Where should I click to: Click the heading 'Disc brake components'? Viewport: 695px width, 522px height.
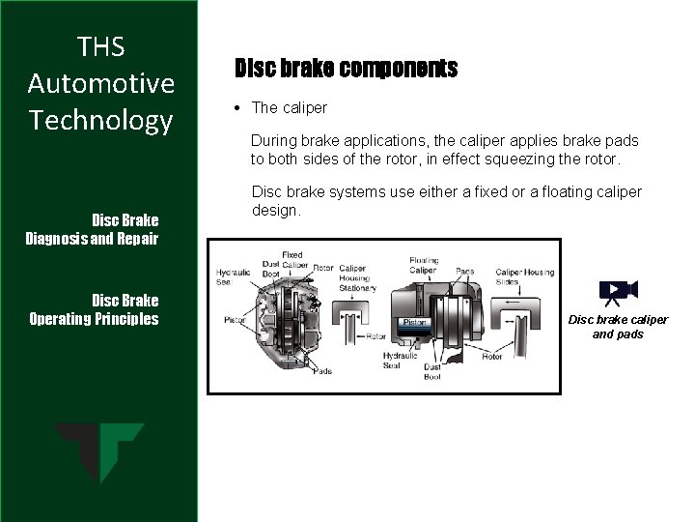(x=347, y=70)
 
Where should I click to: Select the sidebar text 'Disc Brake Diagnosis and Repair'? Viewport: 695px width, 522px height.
(x=93, y=228)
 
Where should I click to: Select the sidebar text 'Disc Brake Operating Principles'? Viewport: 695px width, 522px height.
(x=94, y=308)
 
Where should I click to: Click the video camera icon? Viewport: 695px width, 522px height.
(x=618, y=291)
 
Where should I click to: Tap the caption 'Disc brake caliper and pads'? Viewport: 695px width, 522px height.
(x=618, y=327)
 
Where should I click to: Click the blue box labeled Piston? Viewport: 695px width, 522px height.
(x=416, y=322)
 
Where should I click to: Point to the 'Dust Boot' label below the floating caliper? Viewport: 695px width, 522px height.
(x=431, y=372)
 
